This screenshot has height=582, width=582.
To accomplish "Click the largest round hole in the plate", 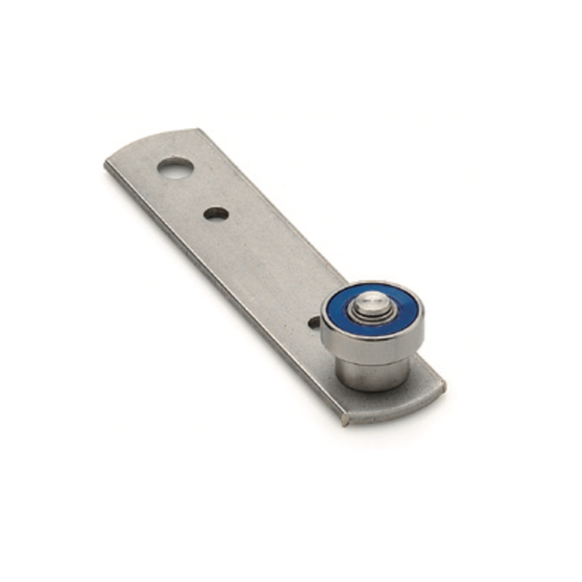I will click(x=175, y=169).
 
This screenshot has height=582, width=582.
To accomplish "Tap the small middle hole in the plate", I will click(x=216, y=214).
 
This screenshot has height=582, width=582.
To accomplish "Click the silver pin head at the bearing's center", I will click(x=372, y=300).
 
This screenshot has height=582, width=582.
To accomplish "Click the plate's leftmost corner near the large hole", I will click(x=106, y=163).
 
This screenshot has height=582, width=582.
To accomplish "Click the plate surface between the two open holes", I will click(x=196, y=192).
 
